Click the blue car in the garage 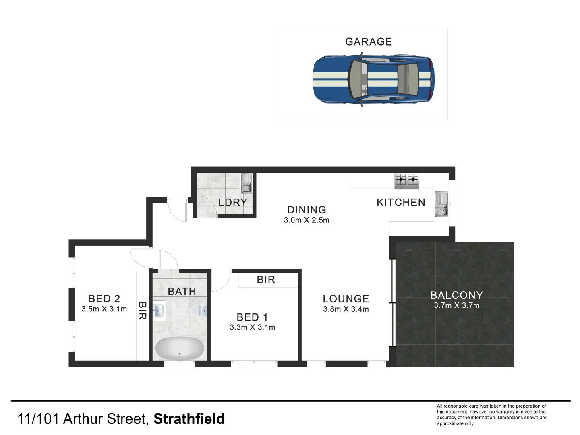(x=373, y=80)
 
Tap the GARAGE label (x=369, y=42)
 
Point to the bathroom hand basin (x=159, y=310)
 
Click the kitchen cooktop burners (x=406, y=180)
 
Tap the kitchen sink (x=441, y=204)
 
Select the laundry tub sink (x=246, y=183)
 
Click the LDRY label (x=233, y=202)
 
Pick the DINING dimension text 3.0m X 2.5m (x=307, y=220)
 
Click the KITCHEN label (x=401, y=202)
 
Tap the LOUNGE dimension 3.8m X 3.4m (x=346, y=309)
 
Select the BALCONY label (x=456, y=295)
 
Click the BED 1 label (x=252, y=317)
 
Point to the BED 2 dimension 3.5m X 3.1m (x=104, y=309)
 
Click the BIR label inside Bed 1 (x=266, y=280)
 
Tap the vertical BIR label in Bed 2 (x=142, y=311)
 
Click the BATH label (x=182, y=291)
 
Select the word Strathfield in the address (x=189, y=419)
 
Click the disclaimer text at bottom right (x=491, y=414)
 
